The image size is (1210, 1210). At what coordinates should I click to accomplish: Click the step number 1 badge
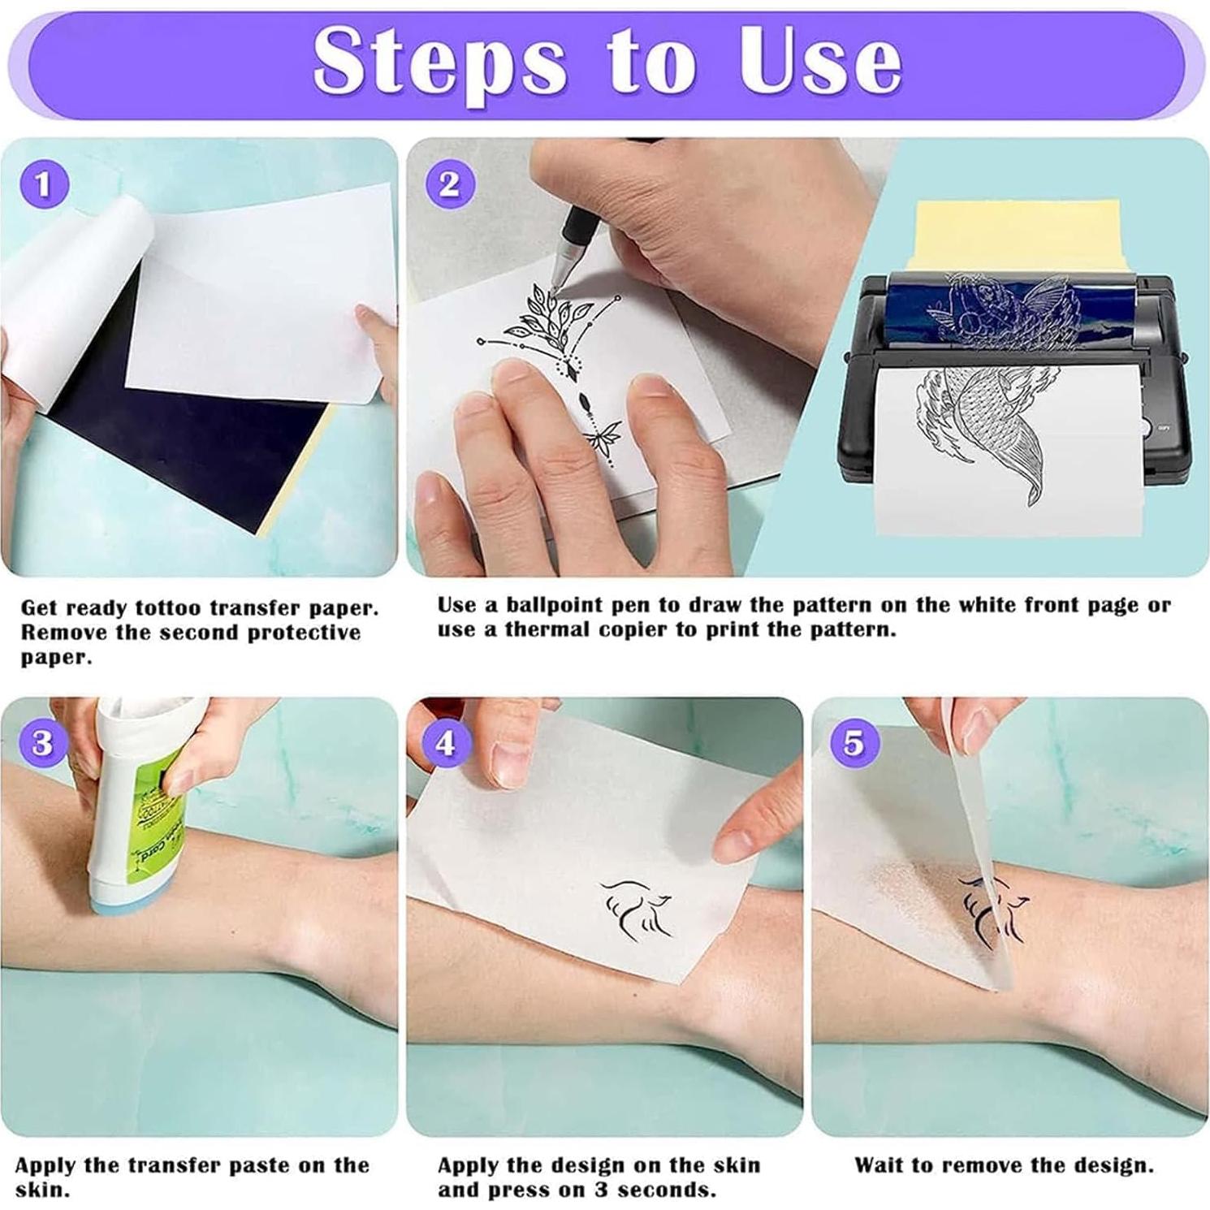coord(43,184)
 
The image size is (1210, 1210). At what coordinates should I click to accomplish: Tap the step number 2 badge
coord(449,184)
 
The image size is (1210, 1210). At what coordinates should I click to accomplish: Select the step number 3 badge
coord(42,742)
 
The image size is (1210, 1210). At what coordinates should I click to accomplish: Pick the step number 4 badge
coord(446,742)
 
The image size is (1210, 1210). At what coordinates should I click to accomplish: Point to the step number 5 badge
coord(853,742)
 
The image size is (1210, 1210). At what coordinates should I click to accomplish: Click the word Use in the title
coord(820,62)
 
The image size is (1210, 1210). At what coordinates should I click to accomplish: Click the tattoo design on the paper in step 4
coord(636,910)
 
